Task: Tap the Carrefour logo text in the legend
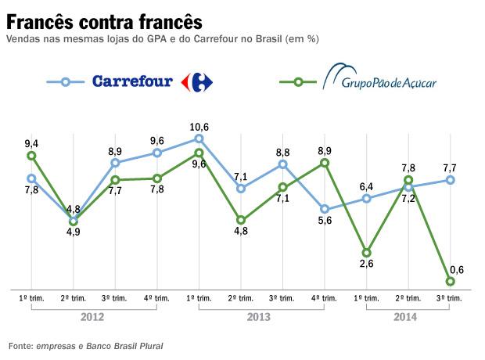tap(132, 81)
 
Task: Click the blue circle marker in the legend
tap(66, 81)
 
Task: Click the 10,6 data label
tap(199, 127)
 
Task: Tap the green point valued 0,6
tap(450, 281)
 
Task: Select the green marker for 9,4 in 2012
tap(31, 156)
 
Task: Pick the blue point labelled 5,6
tap(325, 209)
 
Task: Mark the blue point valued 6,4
tap(366, 199)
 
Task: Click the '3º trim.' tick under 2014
tap(450, 298)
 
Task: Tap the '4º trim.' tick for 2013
tap(325, 298)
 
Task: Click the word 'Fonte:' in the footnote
tap(20, 345)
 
